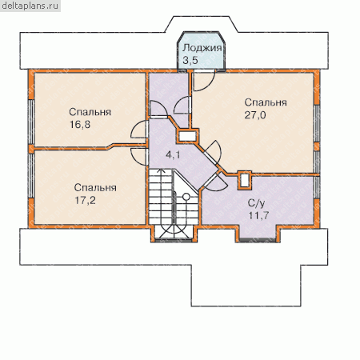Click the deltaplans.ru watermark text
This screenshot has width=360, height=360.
(30, 6)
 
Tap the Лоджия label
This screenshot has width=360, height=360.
(202, 48)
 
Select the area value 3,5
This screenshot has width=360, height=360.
(190, 60)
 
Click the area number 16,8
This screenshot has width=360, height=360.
(80, 125)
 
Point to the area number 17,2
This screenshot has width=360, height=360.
(85, 200)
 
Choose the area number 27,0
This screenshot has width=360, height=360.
(255, 115)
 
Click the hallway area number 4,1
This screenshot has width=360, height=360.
(173, 155)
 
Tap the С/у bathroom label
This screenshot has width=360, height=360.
(256, 203)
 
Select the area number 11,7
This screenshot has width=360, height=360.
(258, 215)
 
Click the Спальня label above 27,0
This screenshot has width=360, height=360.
(266, 102)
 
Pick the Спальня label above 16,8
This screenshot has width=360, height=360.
(90, 112)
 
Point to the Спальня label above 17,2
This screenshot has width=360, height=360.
(95, 188)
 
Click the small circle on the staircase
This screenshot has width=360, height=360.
(186, 197)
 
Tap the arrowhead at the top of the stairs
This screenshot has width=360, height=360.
(161, 170)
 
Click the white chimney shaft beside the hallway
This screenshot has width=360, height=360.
(187, 137)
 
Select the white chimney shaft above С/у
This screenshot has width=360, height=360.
(244, 180)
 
